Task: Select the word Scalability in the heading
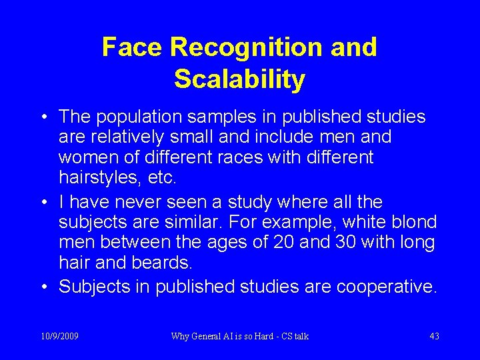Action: pos(240,79)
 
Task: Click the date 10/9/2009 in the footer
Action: pos(59,336)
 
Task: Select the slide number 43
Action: pos(434,336)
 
